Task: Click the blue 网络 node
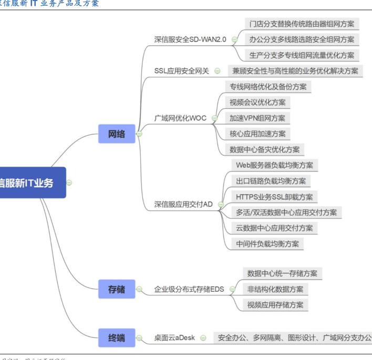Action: coord(117,134)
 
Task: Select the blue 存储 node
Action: coord(117,289)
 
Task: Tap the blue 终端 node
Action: coord(117,338)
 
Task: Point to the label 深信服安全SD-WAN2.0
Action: coord(190,39)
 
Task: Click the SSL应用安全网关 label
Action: coord(181,70)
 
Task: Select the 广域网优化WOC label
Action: coord(180,118)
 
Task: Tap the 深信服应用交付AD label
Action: coord(183,204)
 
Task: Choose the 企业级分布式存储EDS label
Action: coord(189,289)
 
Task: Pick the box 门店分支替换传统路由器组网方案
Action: coord(302,24)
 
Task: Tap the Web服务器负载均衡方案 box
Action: coord(274,165)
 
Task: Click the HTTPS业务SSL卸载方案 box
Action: coord(274,197)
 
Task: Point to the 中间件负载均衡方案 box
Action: coord(267,244)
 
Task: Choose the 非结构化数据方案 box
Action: coord(275,289)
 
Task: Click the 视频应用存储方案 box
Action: coord(275,305)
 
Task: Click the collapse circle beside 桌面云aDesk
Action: coord(203,338)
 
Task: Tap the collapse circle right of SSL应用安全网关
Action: coord(218,70)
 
